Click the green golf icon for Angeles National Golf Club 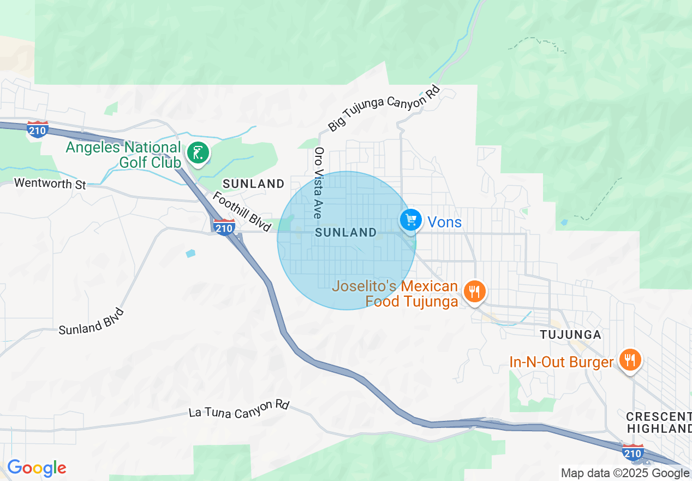coord(198,152)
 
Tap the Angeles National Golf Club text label coord(123,155)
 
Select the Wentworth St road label coord(50,184)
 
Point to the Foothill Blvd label coord(241,212)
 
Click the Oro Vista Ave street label coord(319,183)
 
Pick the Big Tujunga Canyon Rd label coord(384,108)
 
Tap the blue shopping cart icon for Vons coord(411,220)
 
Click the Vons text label coord(444,222)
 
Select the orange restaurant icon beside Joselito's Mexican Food coord(474,292)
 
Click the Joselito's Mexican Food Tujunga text coord(395,294)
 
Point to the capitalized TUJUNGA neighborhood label coord(570,334)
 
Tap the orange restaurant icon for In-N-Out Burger coord(630,360)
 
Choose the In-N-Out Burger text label coord(561,362)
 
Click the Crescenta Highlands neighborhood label coord(659,422)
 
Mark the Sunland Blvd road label coord(92,322)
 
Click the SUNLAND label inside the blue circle coord(346,232)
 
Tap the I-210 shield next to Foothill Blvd coord(224,227)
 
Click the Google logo coord(37,468)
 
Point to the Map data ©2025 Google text coord(625,473)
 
